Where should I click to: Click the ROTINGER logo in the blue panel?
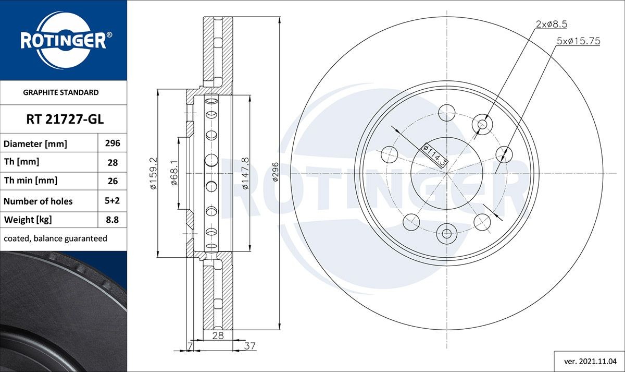tap(64, 40)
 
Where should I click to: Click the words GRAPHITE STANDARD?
tap(61, 92)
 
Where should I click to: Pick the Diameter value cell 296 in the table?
tap(113, 143)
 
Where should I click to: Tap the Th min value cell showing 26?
tap(113, 181)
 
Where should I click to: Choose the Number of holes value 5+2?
tap(113, 201)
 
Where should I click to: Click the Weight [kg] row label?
tap(28, 220)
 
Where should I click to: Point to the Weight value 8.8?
tap(113, 220)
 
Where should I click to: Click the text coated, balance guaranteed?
tap(55, 238)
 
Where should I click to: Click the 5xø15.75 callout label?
tap(578, 41)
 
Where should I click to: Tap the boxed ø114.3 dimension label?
tap(435, 155)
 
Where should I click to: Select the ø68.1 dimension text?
tap(175, 173)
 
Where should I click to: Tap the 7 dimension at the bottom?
tap(191, 345)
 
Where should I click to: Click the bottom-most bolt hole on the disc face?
tap(446, 233)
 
